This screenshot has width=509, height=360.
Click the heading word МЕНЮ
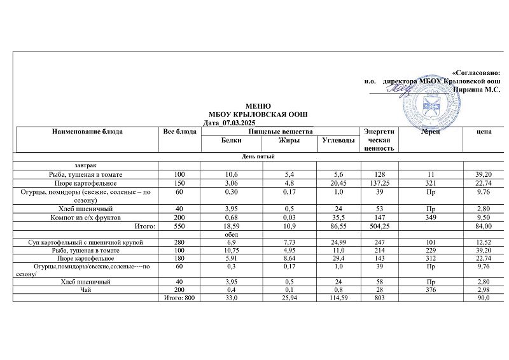258,106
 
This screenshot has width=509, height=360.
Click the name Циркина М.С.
476,90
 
